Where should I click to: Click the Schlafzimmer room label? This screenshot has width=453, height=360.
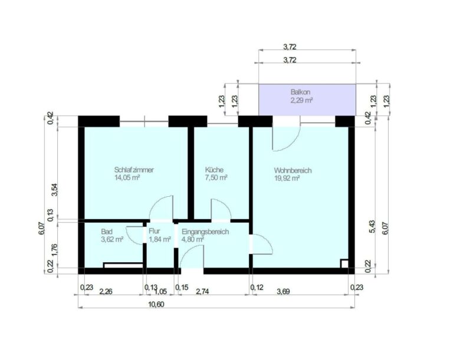(x=134, y=170)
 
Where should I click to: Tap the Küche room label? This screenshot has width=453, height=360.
(x=214, y=170)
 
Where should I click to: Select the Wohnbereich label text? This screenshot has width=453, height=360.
(x=293, y=170)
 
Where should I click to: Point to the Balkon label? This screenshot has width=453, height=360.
(x=300, y=92)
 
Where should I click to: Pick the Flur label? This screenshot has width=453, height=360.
(x=155, y=231)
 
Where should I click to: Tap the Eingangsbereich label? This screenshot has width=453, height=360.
(x=205, y=232)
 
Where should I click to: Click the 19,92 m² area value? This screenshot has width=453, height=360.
(x=287, y=178)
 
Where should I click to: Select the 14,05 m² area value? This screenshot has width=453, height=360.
(x=127, y=177)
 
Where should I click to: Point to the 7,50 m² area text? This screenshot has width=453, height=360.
(x=216, y=177)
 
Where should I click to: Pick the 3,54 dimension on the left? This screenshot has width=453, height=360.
(x=54, y=190)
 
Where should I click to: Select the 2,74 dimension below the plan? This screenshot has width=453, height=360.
(x=202, y=292)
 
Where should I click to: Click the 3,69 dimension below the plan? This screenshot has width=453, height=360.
(x=283, y=292)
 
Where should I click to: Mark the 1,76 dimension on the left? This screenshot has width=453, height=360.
(x=54, y=250)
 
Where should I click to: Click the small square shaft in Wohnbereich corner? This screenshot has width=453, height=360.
(x=344, y=264)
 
